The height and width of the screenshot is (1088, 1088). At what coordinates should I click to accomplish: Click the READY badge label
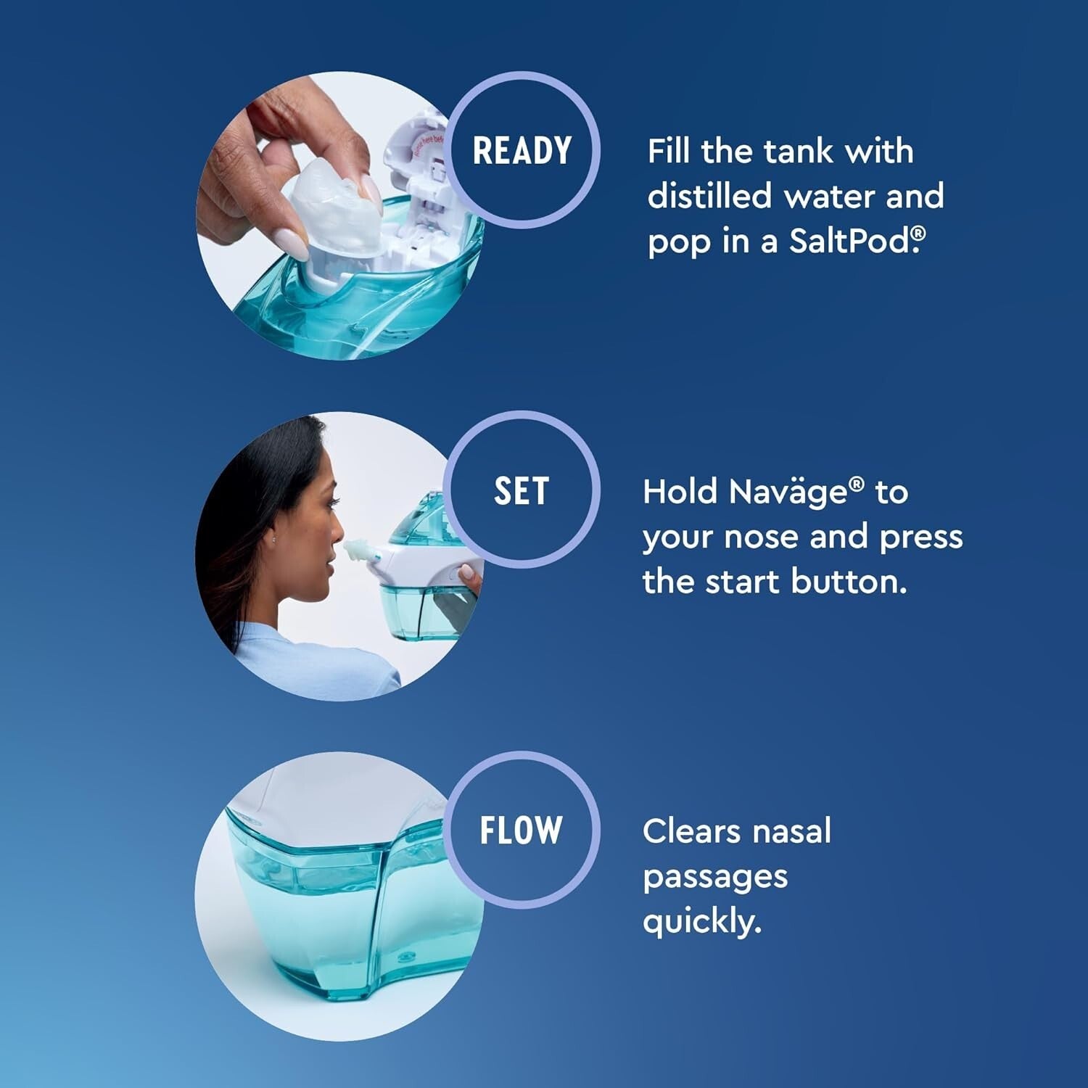tap(522, 151)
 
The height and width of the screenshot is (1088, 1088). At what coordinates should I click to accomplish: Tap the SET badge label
tap(522, 491)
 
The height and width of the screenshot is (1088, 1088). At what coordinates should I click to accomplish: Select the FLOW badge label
tap(522, 831)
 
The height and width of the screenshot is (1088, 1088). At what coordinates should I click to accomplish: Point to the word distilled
tap(709, 196)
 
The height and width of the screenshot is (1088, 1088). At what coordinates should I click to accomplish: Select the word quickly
tap(701, 922)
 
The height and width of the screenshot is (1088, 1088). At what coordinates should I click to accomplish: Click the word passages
tap(714, 877)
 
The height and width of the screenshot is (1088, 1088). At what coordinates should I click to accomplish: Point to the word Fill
tap(669, 152)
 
